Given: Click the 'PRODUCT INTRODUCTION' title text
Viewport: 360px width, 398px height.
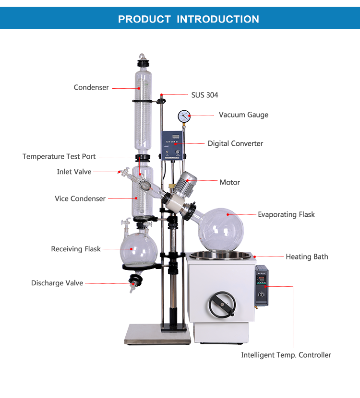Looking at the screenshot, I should [x=188, y=19].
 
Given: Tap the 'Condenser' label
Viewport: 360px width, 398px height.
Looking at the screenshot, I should [x=91, y=87].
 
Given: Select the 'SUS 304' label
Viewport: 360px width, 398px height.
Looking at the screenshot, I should [x=204, y=95].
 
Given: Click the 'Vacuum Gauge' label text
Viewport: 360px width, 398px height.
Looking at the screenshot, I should [x=243, y=115].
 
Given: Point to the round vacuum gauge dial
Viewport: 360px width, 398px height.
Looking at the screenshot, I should [x=183, y=116].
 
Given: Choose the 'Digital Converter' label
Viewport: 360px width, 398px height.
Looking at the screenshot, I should [x=235, y=143].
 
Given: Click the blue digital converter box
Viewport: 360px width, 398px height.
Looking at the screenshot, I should [x=172, y=143].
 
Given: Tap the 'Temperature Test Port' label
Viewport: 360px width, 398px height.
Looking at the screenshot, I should [x=59, y=156].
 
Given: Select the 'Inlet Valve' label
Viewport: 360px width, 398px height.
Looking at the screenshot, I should [x=74, y=172].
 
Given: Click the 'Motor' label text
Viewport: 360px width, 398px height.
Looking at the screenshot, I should [x=229, y=182].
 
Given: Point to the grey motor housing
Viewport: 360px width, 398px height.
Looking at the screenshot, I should [x=187, y=184].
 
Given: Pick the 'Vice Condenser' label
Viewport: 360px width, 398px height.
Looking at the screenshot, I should [x=80, y=199].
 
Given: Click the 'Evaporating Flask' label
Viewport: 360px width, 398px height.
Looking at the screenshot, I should [x=286, y=214].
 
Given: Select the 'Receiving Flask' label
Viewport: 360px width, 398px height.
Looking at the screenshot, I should [x=76, y=249].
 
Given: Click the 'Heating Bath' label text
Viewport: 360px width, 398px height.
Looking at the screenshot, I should [x=307, y=257].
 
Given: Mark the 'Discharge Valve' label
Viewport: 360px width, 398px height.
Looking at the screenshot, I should [x=57, y=283].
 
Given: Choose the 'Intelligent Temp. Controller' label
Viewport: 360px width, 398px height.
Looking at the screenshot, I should [x=286, y=355].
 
